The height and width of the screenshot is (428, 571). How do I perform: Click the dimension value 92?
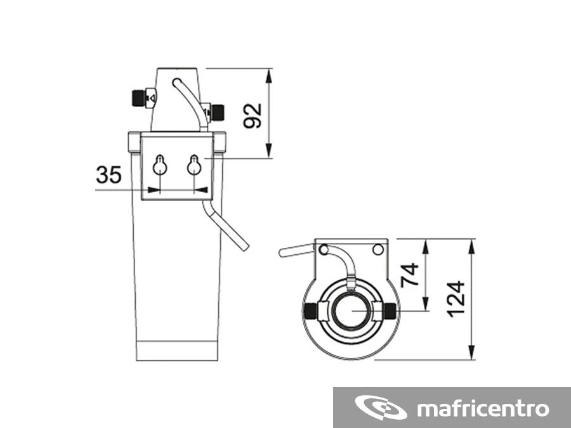253,115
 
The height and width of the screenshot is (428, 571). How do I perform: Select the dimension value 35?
108,175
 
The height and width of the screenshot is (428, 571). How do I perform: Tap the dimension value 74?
409,275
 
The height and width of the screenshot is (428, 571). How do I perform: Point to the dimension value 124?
456,299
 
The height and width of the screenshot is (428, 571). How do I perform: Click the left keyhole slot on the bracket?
159,165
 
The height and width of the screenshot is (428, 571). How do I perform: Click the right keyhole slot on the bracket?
194,165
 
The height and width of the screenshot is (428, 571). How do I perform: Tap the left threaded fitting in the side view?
138,98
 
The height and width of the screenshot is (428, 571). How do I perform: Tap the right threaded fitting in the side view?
218,112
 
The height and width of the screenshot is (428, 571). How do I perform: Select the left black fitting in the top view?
310,311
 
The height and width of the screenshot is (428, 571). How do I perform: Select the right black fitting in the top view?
390,311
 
